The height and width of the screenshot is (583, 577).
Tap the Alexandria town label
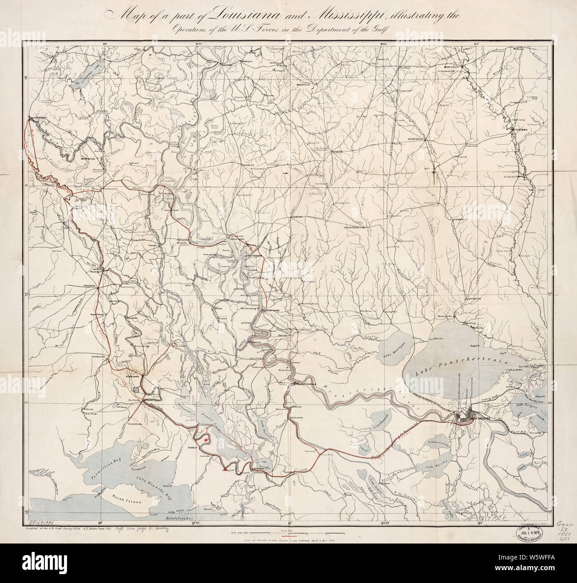click(39, 118)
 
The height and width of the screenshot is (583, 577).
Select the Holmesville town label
click(416, 139)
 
